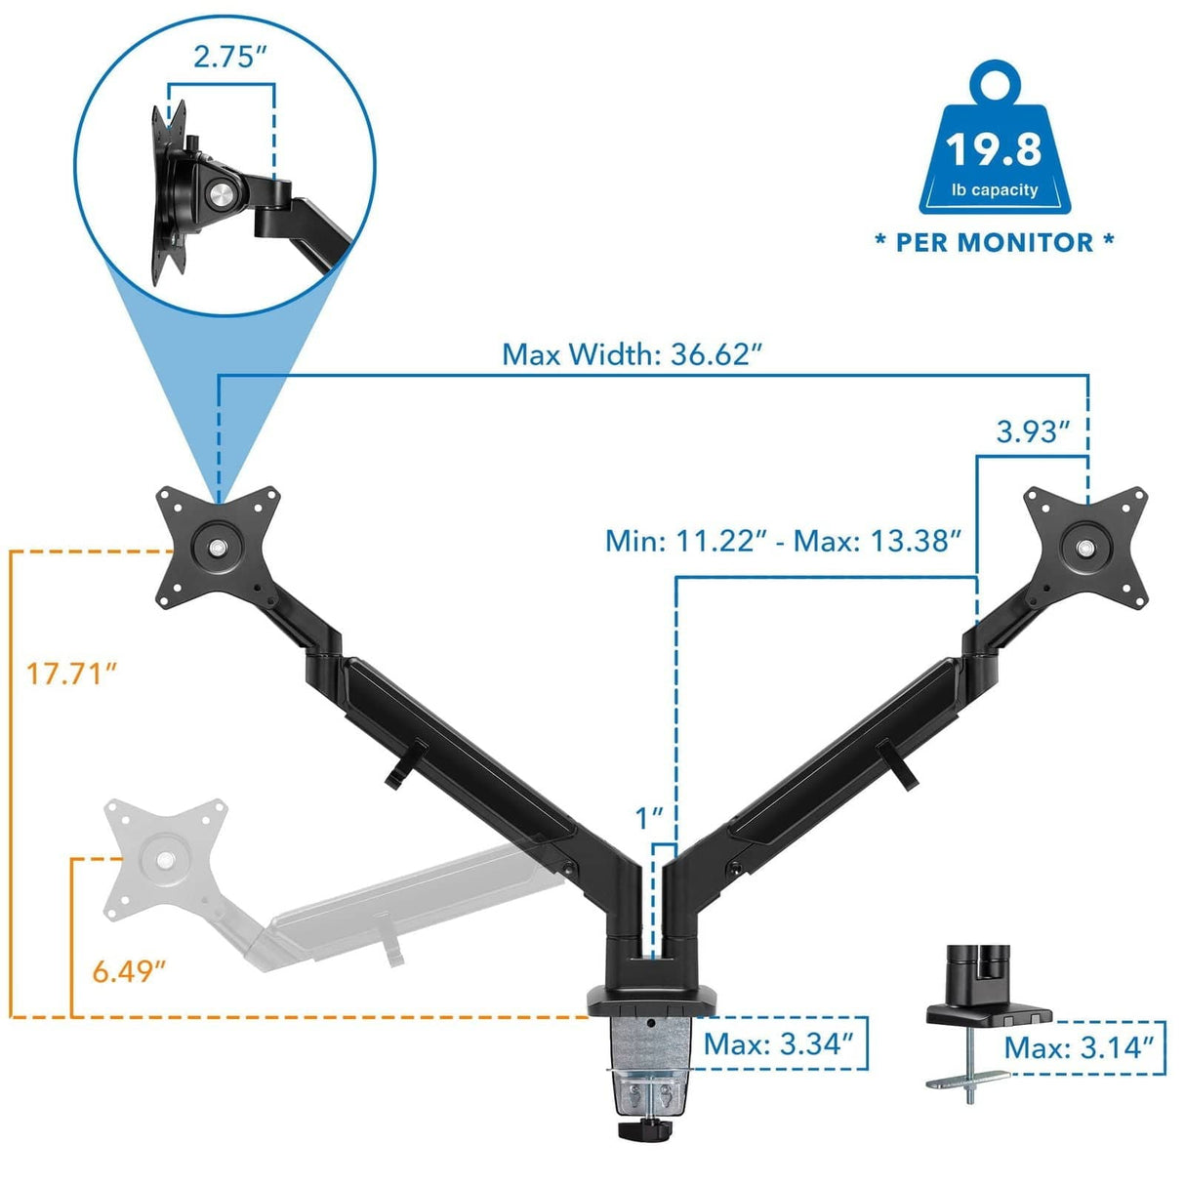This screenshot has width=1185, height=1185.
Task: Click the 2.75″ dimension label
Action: [229, 57]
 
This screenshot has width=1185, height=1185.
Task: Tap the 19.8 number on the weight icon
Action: [994, 149]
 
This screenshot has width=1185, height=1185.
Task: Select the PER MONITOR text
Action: [995, 243]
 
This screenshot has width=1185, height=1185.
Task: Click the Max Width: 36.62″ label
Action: [631, 354]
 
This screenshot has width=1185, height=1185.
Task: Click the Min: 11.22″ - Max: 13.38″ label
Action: [784, 540]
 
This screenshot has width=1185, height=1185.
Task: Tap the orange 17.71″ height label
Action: [71, 673]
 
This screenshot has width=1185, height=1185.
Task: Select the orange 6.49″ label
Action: [129, 971]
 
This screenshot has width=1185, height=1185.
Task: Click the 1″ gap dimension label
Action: [649, 818]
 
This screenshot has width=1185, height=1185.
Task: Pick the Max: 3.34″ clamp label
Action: [778, 1044]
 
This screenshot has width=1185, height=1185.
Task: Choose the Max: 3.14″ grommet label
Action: [1079, 1047]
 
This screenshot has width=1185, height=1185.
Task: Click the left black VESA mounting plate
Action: [218, 545]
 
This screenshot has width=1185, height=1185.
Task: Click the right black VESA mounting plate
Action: [1084, 543]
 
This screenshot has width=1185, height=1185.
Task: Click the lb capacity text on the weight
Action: [995, 190]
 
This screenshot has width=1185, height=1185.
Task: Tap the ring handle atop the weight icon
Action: [994, 83]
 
